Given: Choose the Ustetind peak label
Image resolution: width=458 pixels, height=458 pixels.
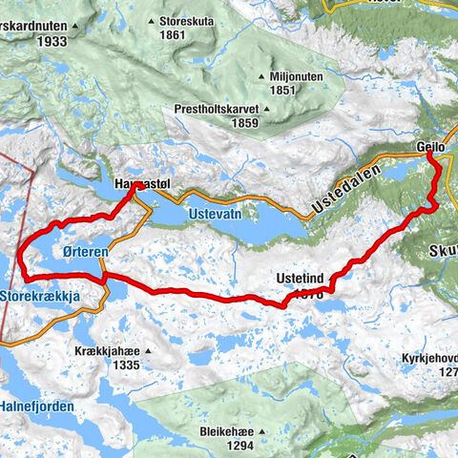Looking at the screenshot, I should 300,278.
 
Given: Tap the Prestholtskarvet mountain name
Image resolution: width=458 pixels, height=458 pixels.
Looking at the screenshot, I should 217,109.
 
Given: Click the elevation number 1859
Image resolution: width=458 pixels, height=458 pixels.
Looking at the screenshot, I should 218,123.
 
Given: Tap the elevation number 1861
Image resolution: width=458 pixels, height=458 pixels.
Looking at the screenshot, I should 173,34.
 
